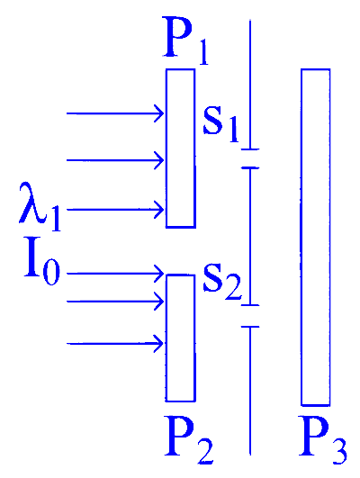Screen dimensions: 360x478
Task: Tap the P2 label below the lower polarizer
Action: coord(189,439)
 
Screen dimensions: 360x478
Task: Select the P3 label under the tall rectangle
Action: coord(323,439)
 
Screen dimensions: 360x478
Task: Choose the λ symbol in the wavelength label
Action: coord(32,203)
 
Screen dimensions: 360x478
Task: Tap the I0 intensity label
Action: coord(42,261)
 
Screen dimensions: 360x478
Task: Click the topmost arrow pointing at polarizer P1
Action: coord(115,113)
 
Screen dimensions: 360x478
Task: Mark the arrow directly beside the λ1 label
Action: coord(115,210)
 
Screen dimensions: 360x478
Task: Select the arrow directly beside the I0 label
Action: coord(115,274)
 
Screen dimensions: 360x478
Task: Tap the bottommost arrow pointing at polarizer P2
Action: coord(115,344)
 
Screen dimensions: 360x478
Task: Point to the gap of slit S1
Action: coord(250,158)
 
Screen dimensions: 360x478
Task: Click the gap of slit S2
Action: coord(250,316)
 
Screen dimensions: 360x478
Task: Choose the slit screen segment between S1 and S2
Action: coord(250,236)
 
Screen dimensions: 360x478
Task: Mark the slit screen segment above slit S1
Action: coord(250,85)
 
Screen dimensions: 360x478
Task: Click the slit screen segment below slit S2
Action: coord(250,391)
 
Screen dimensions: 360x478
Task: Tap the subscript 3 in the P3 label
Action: coord(338,452)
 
